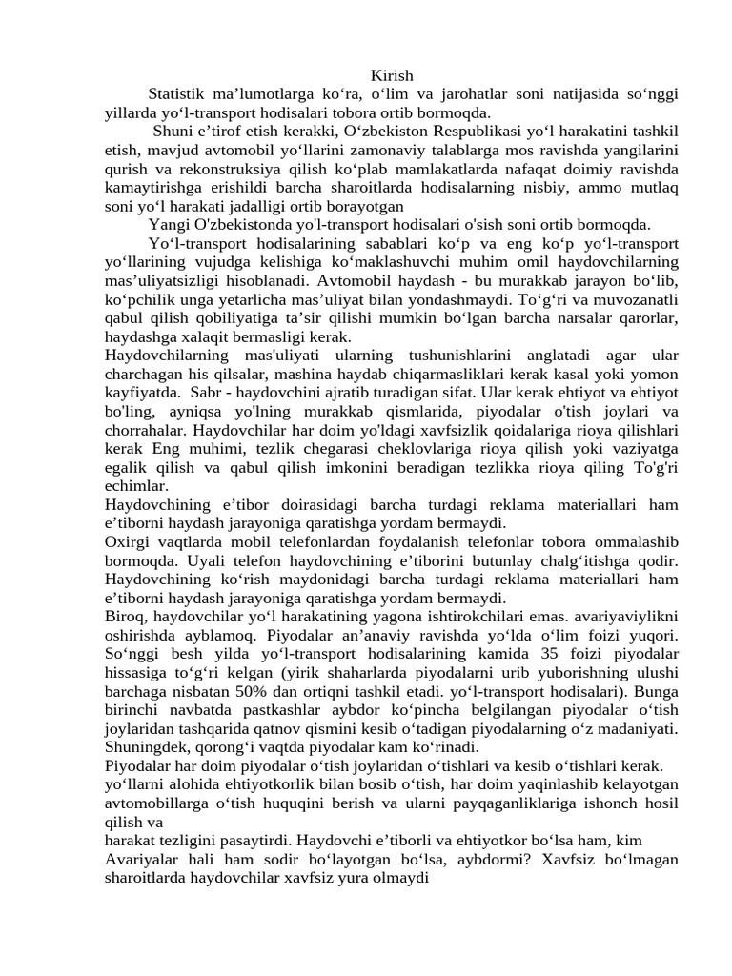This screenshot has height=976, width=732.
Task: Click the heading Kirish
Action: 392,75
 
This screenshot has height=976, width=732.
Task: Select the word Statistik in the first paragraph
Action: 178,93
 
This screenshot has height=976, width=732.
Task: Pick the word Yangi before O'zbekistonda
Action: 168,224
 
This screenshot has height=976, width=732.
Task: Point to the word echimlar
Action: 135,485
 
